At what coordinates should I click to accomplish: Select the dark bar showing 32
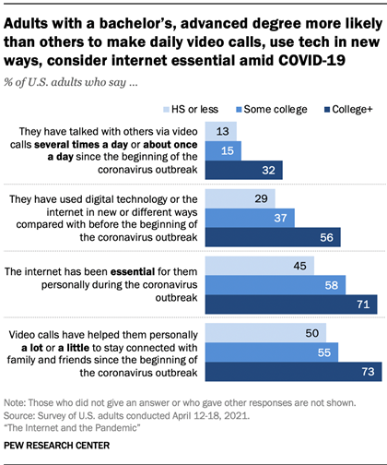pyautogui.click(x=242, y=169)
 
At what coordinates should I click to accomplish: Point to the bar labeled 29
pyautogui.click(x=240, y=198)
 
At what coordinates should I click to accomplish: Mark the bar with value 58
pyautogui.click(x=274, y=287)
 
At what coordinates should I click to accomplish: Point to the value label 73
pyautogui.click(x=368, y=372)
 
